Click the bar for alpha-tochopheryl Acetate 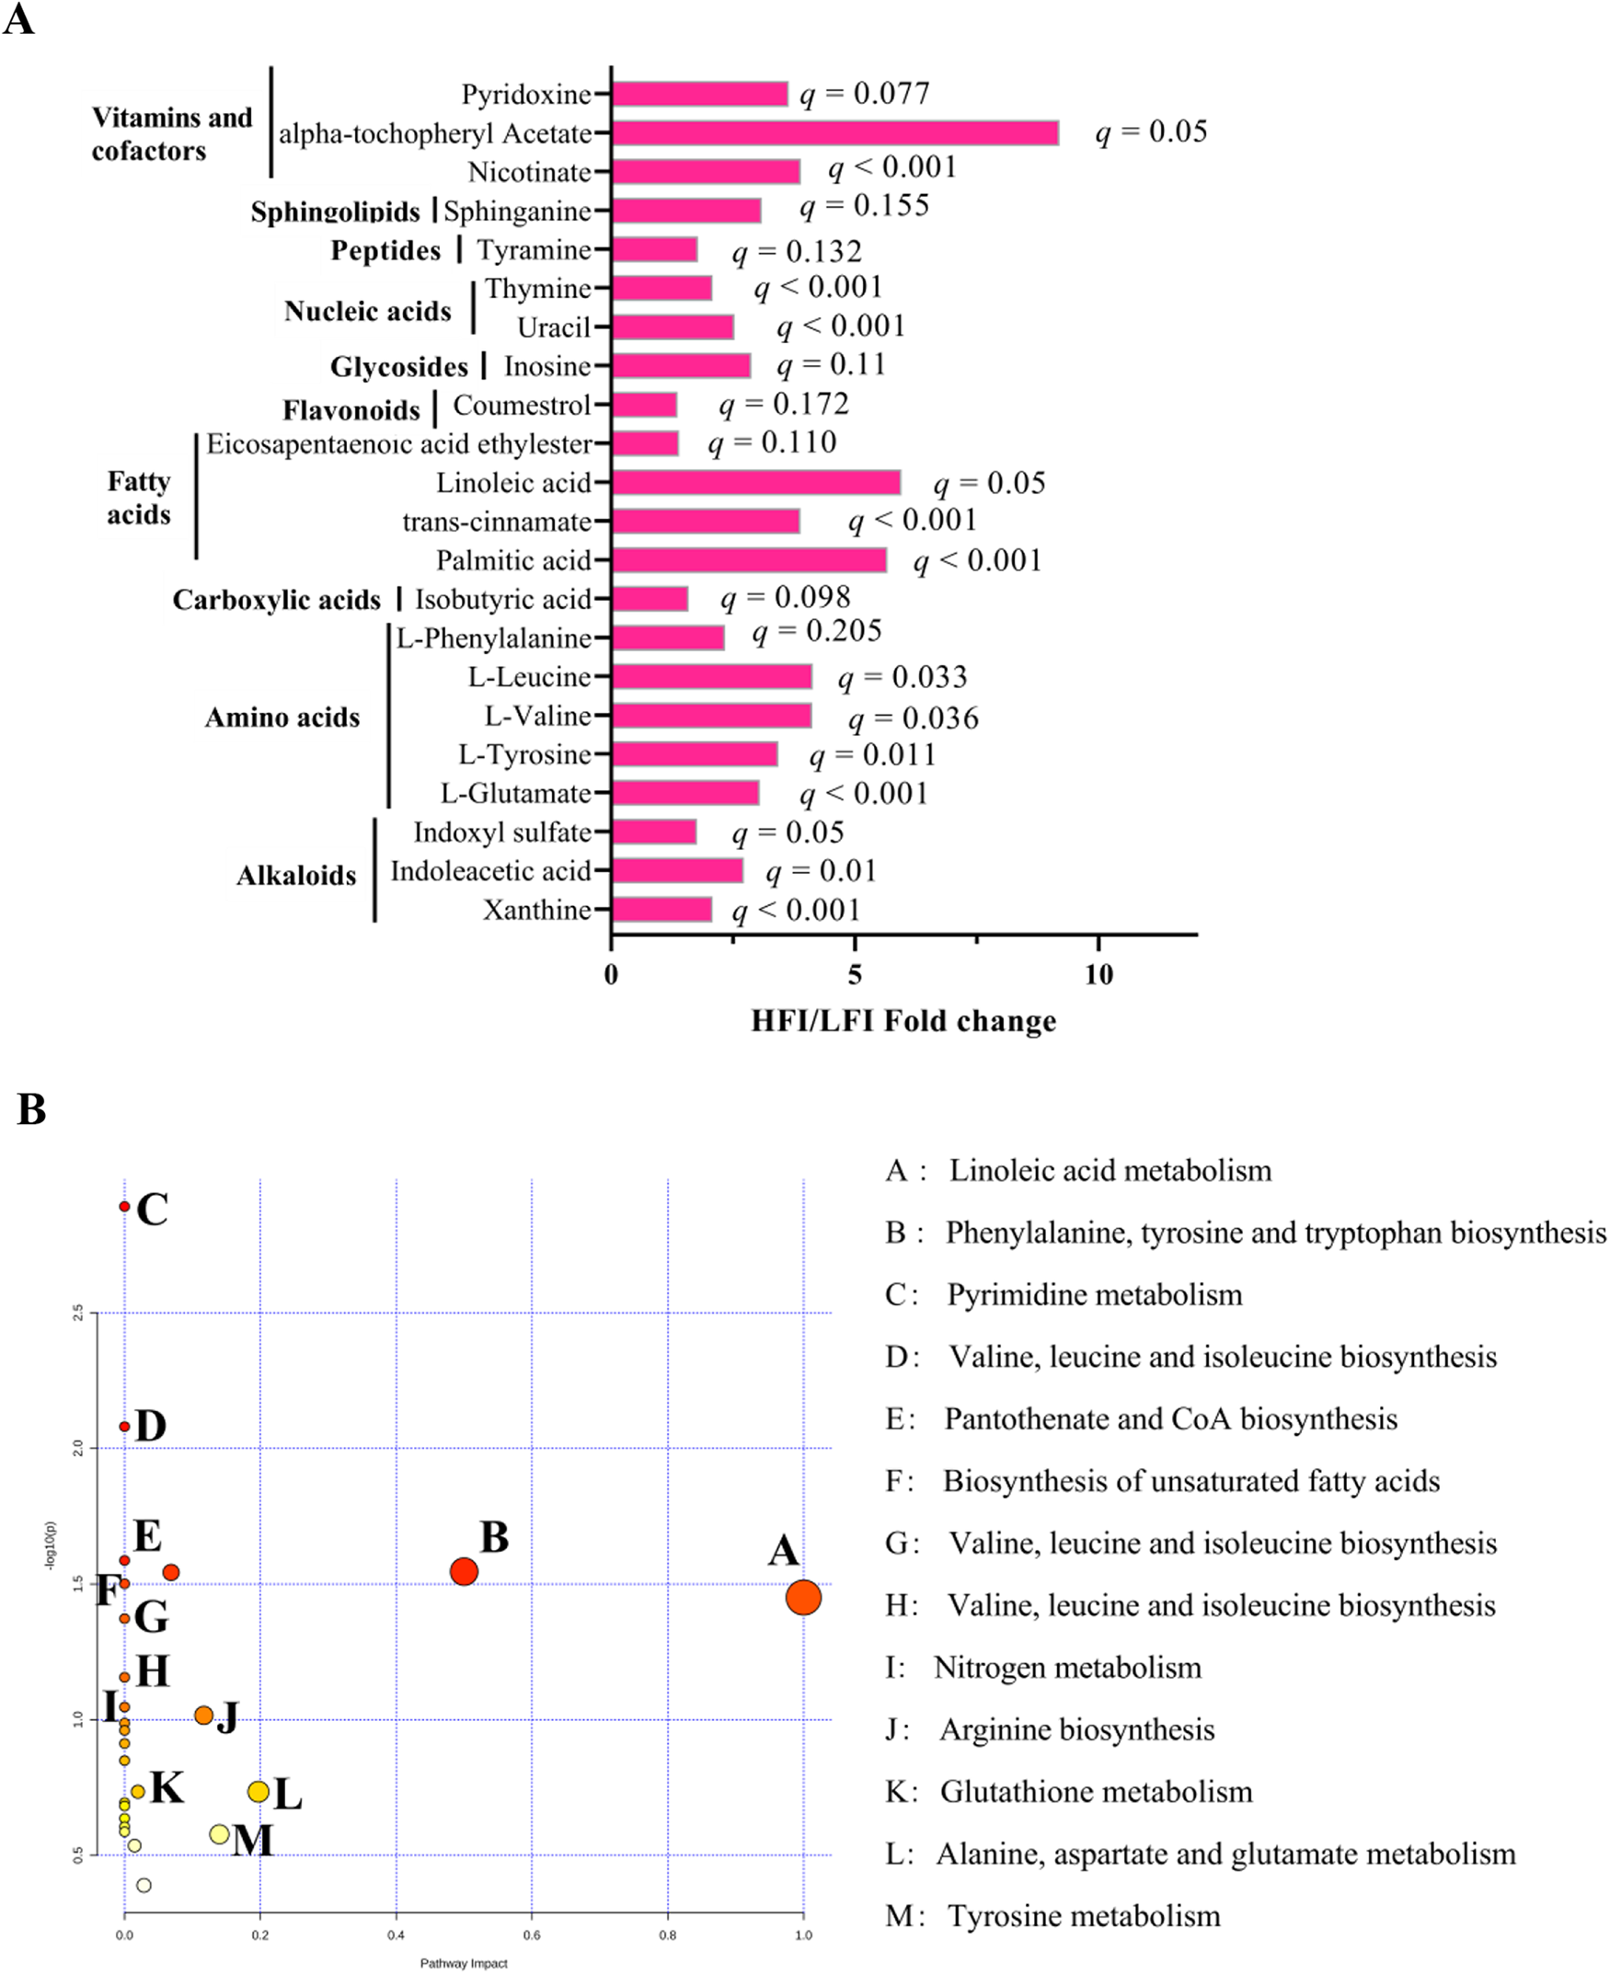coord(834,133)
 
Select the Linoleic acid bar coord(756,483)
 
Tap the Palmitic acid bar coord(749,561)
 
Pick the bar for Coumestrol coord(645,405)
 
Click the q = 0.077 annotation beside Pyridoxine coord(865,94)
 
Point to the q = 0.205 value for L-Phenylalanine coord(816,631)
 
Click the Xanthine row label coord(537,911)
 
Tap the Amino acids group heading coord(282,717)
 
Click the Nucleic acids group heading coord(367,312)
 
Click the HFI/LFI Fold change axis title coord(903,1022)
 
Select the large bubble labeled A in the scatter coord(803,1598)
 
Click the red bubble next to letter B coord(464,1572)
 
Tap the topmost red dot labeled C coord(124,1207)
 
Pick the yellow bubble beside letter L coord(259,1792)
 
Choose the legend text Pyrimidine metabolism coord(1095,1295)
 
